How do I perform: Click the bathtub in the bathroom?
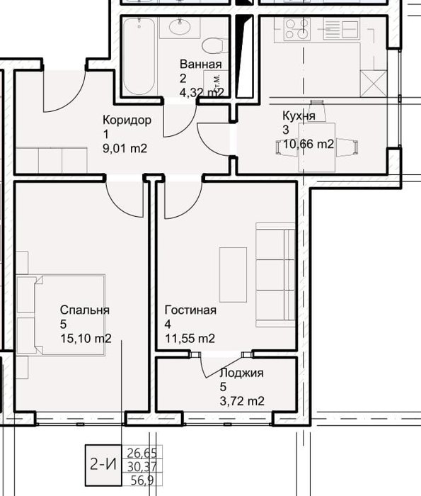[x=139, y=56]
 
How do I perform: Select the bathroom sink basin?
[x=180, y=27]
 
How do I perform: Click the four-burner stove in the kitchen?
[x=296, y=29]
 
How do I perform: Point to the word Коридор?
[x=127, y=120]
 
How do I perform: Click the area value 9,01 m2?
[x=125, y=148]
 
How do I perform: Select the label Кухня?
[x=299, y=115]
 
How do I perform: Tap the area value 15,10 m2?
[x=86, y=339]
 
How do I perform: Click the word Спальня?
[x=85, y=310]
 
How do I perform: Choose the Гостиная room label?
[x=190, y=310]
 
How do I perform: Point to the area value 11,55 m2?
[x=190, y=339]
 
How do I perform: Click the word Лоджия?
[x=241, y=373]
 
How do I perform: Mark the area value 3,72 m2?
[x=242, y=401]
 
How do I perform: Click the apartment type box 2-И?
[x=103, y=465]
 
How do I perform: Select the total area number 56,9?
[x=142, y=480]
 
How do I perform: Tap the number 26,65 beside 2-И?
[x=142, y=453]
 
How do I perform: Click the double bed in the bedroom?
[x=69, y=315]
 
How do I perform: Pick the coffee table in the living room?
[x=233, y=275]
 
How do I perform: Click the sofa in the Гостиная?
[x=275, y=275]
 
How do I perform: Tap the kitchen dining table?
[x=317, y=147]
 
